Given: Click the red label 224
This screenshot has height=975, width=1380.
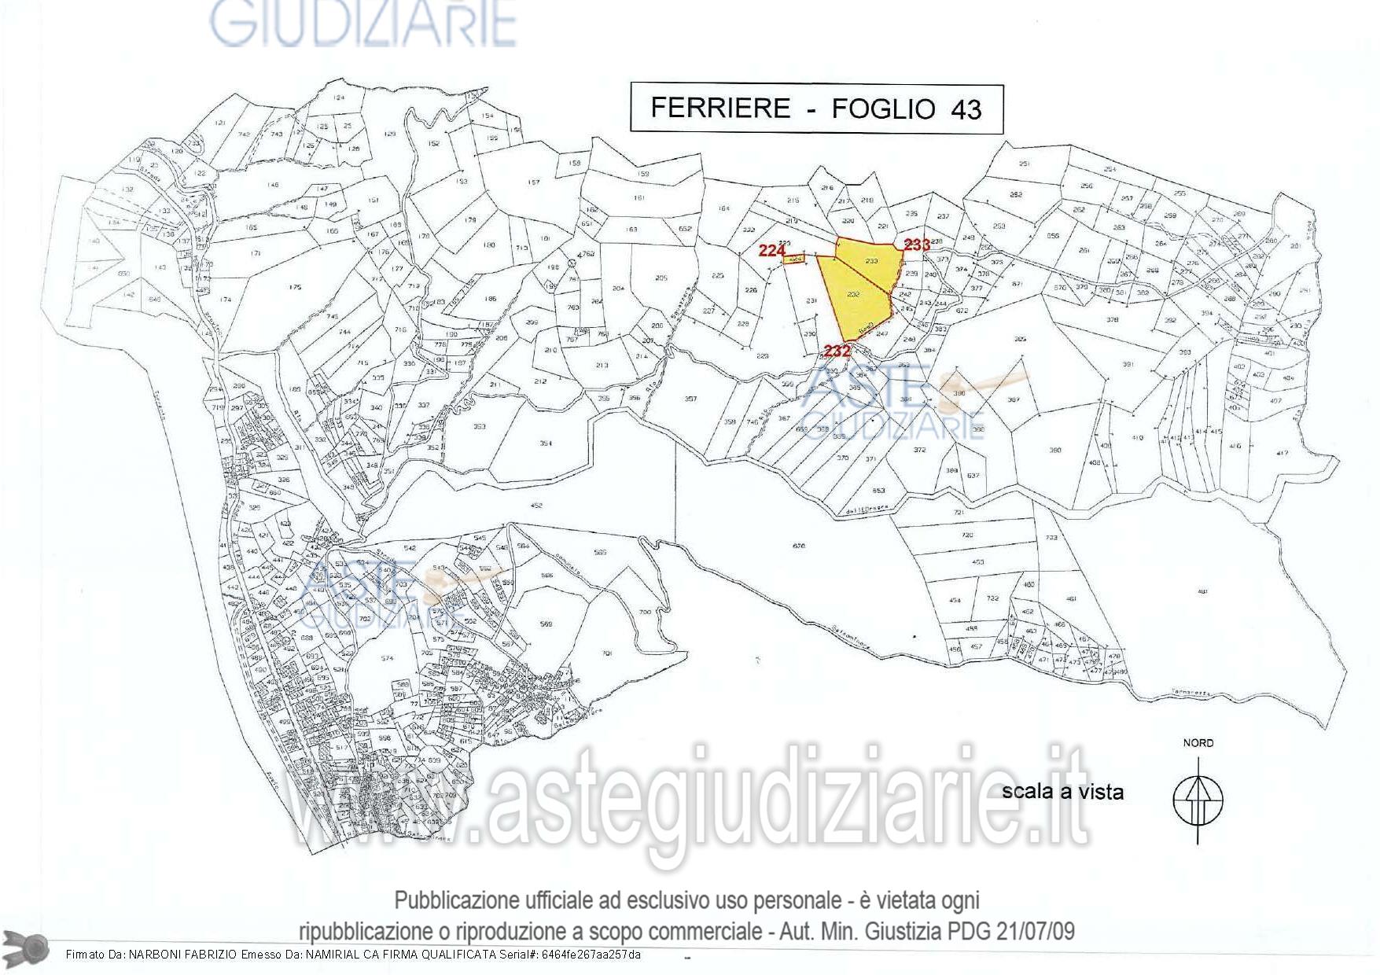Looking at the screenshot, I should tap(772, 251).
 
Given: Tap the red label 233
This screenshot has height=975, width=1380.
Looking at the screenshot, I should tap(917, 245).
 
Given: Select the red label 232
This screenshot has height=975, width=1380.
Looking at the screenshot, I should tap(837, 351).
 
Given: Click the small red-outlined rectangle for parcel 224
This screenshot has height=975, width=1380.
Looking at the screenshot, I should tap(795, 259).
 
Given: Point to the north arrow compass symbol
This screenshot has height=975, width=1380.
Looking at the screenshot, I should tap(1198, 800).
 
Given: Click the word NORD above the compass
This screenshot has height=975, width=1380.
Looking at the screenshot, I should tap(1198, 743).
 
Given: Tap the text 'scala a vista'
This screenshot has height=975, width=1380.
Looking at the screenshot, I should tap(1062, 791).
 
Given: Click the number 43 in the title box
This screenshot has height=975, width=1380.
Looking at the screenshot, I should tap(966, 109).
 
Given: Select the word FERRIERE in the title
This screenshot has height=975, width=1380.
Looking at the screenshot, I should tap(720, 108).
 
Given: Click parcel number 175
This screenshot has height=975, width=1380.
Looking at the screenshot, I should tap(295, 288).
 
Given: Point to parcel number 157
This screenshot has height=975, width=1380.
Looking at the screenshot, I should tap(534, 182).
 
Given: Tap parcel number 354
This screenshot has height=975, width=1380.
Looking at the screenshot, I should tap(546, 443).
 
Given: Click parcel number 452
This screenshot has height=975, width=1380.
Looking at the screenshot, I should tap(536, 506).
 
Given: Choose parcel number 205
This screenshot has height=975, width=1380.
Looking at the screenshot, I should tap(661, 278).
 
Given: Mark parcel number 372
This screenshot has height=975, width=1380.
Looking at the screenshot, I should tap(919, 450).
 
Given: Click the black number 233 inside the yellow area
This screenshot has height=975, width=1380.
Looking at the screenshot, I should tap(871, 260).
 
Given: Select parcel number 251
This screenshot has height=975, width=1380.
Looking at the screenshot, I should tap(1024, 164).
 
